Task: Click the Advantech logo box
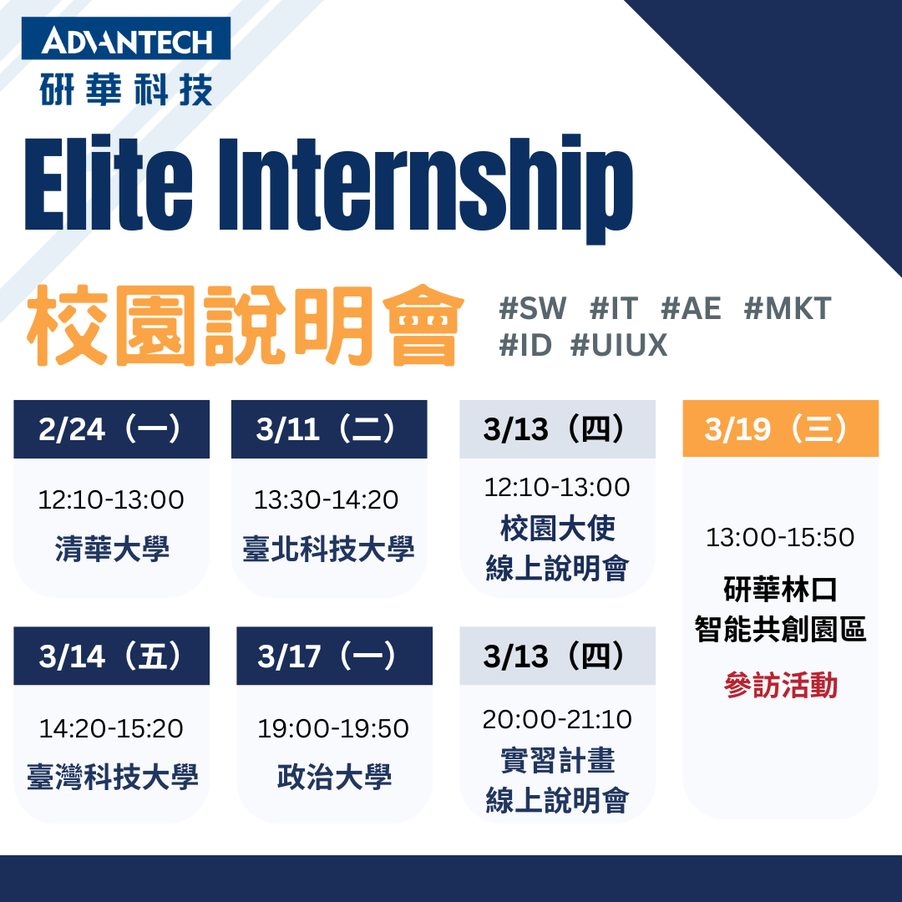pyautogui.click(x=126, y=38)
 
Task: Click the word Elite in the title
pyautogui.click(x=109, y=184)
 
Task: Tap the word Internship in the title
pyautogui.click(x=426, y=189)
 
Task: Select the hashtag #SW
pyautogui.click(x=533, y=307)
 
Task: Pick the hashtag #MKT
pyautogui.click(x=788, y=307)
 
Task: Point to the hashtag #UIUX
pyautogui.click(x=619, y=345)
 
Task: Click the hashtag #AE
pyautogui.click(x=691, y=307)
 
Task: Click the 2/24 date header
pyautogui.click(x=112, y=429)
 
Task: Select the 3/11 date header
pyautogui.click(x=329, y=429)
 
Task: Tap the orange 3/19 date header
pyautogui.click(x=781, y=428)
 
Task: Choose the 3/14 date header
pyautogui.click(x=112, y=656)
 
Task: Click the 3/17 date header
pyautogui.click(x=334, y=656)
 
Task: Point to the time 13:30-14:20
pyautogui.click(x=327, y=500)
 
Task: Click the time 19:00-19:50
pyautogui.click(x=333, y=729)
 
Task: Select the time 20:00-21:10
pyautogui.click(x=557, y=720)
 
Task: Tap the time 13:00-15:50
pyautogui.click(x=780, y=538)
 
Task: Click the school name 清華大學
pyautogui.click(x=112, y=549)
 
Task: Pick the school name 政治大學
pyautogui.click(x=334, y=777)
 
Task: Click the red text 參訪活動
pyautogui.click(x=781, y=685)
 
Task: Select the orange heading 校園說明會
pyautogui.click(x=246, y=326)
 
